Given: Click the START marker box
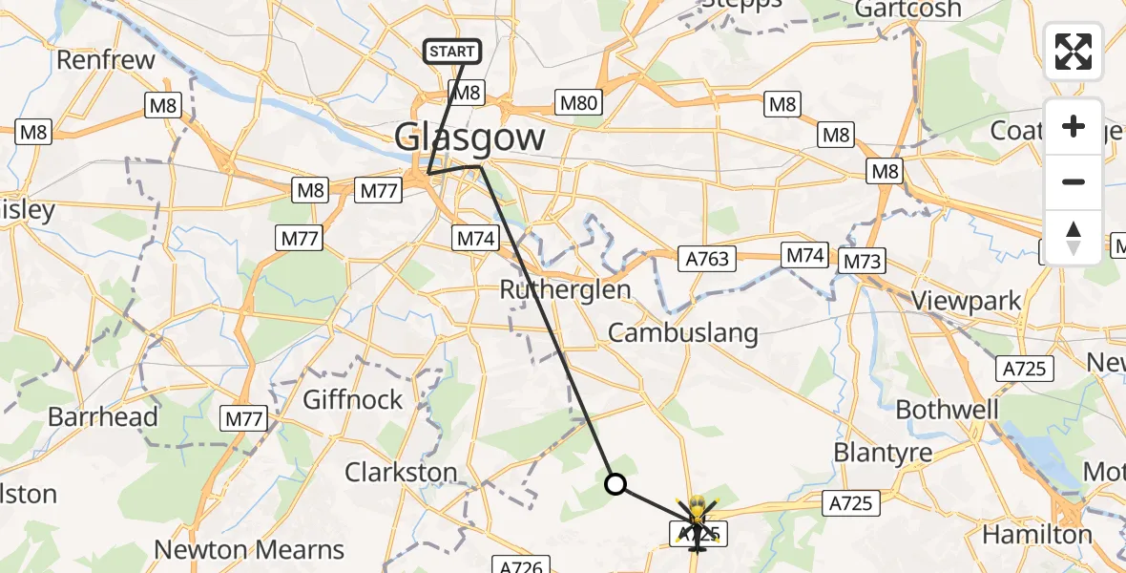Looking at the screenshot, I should (x=453, y=52).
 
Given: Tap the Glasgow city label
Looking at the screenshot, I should (x=470, y=138).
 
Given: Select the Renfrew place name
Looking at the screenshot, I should (x=106, y=60).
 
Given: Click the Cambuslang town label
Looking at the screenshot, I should (x=682, y=332).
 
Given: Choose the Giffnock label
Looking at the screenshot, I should (x=353, y=399).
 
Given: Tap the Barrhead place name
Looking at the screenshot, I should (x=103, y=417).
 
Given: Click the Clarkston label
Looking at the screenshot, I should (x=401, y=472).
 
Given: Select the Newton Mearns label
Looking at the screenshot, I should (x=249, y=550).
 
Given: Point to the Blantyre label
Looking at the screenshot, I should (x=882, y=452).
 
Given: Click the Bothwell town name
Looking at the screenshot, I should (x=947, y=410).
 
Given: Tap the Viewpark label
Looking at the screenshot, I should (x=966, y=301).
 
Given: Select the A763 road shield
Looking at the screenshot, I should (x=707, y=258).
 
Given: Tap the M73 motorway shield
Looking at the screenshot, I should (x=863, y=260).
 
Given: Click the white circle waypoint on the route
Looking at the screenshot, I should (x=616, y=485).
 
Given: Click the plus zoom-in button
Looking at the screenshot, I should (x=1074, y=127).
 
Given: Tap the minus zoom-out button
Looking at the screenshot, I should (x=1074, y=181).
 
